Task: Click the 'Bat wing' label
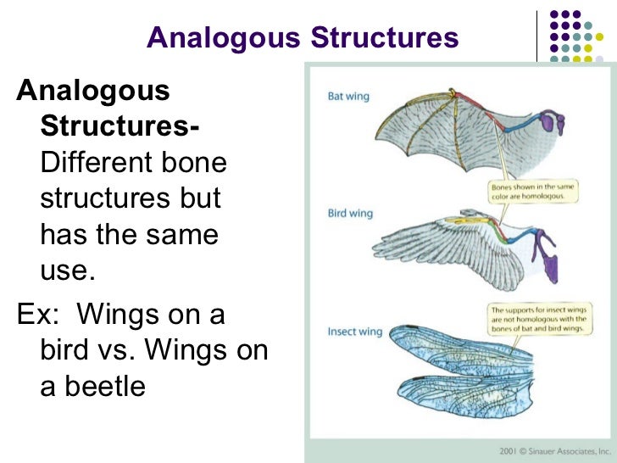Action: [x=348, y=97]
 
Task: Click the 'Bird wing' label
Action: [x=349, y=213]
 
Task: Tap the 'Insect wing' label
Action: [x=354, y=332]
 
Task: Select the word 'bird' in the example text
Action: [x=66, y=350]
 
